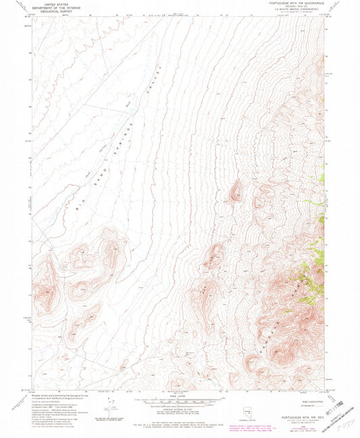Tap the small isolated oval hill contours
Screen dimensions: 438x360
coord(236,192)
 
